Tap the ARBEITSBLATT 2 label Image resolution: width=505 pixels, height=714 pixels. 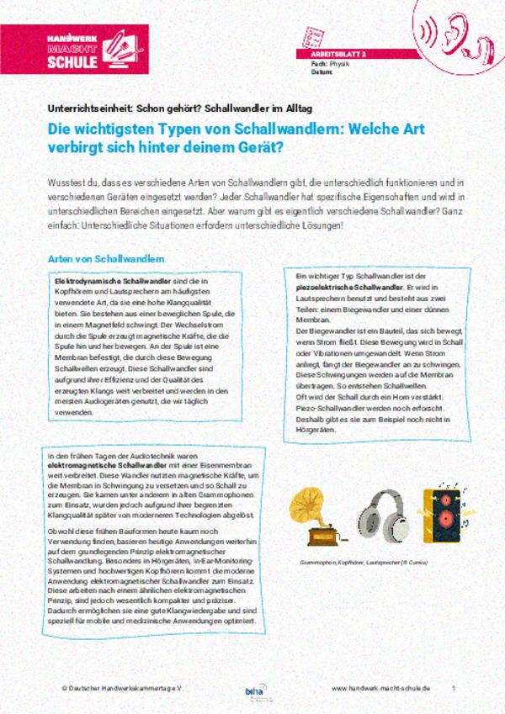[332, 53]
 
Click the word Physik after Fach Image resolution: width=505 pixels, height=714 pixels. [339, 63]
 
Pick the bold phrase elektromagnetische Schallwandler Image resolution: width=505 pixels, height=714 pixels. [100, 464]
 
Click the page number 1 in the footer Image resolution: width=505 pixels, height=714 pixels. [454, 688]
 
